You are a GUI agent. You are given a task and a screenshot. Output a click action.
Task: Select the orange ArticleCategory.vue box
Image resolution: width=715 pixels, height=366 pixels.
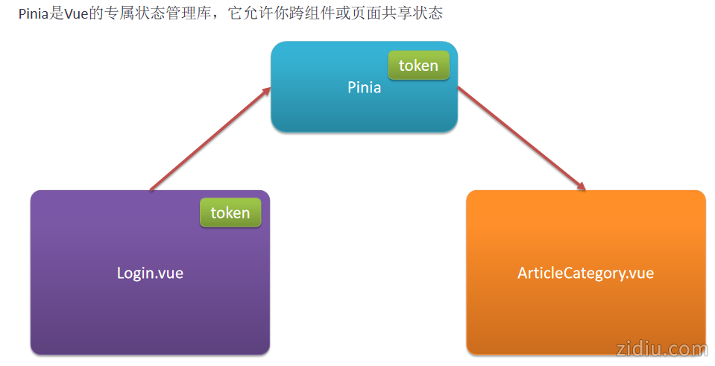(585, 313)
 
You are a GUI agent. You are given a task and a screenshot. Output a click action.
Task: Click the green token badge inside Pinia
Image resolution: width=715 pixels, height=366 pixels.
(418, 66)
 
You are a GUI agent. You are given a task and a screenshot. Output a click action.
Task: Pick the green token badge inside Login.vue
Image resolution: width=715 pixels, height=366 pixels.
(230, 212)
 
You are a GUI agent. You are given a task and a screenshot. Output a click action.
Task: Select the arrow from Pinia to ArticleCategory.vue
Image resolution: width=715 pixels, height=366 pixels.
(522, 139)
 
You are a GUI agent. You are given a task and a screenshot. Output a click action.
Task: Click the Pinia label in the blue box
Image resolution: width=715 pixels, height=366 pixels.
(364, 87)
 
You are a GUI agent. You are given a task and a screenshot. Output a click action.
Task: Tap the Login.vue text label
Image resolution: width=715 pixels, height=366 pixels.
(150, 273)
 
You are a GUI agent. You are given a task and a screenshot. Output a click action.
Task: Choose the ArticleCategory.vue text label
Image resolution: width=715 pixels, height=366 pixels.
(585, 273)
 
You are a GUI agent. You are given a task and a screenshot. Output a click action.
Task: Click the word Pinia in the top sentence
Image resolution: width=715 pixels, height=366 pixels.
(34, 13)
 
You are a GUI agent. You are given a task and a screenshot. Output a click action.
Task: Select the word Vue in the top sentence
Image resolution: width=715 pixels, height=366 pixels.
(76, 13)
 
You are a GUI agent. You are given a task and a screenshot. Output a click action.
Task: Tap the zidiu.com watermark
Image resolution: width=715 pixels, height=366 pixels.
(662, 349)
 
